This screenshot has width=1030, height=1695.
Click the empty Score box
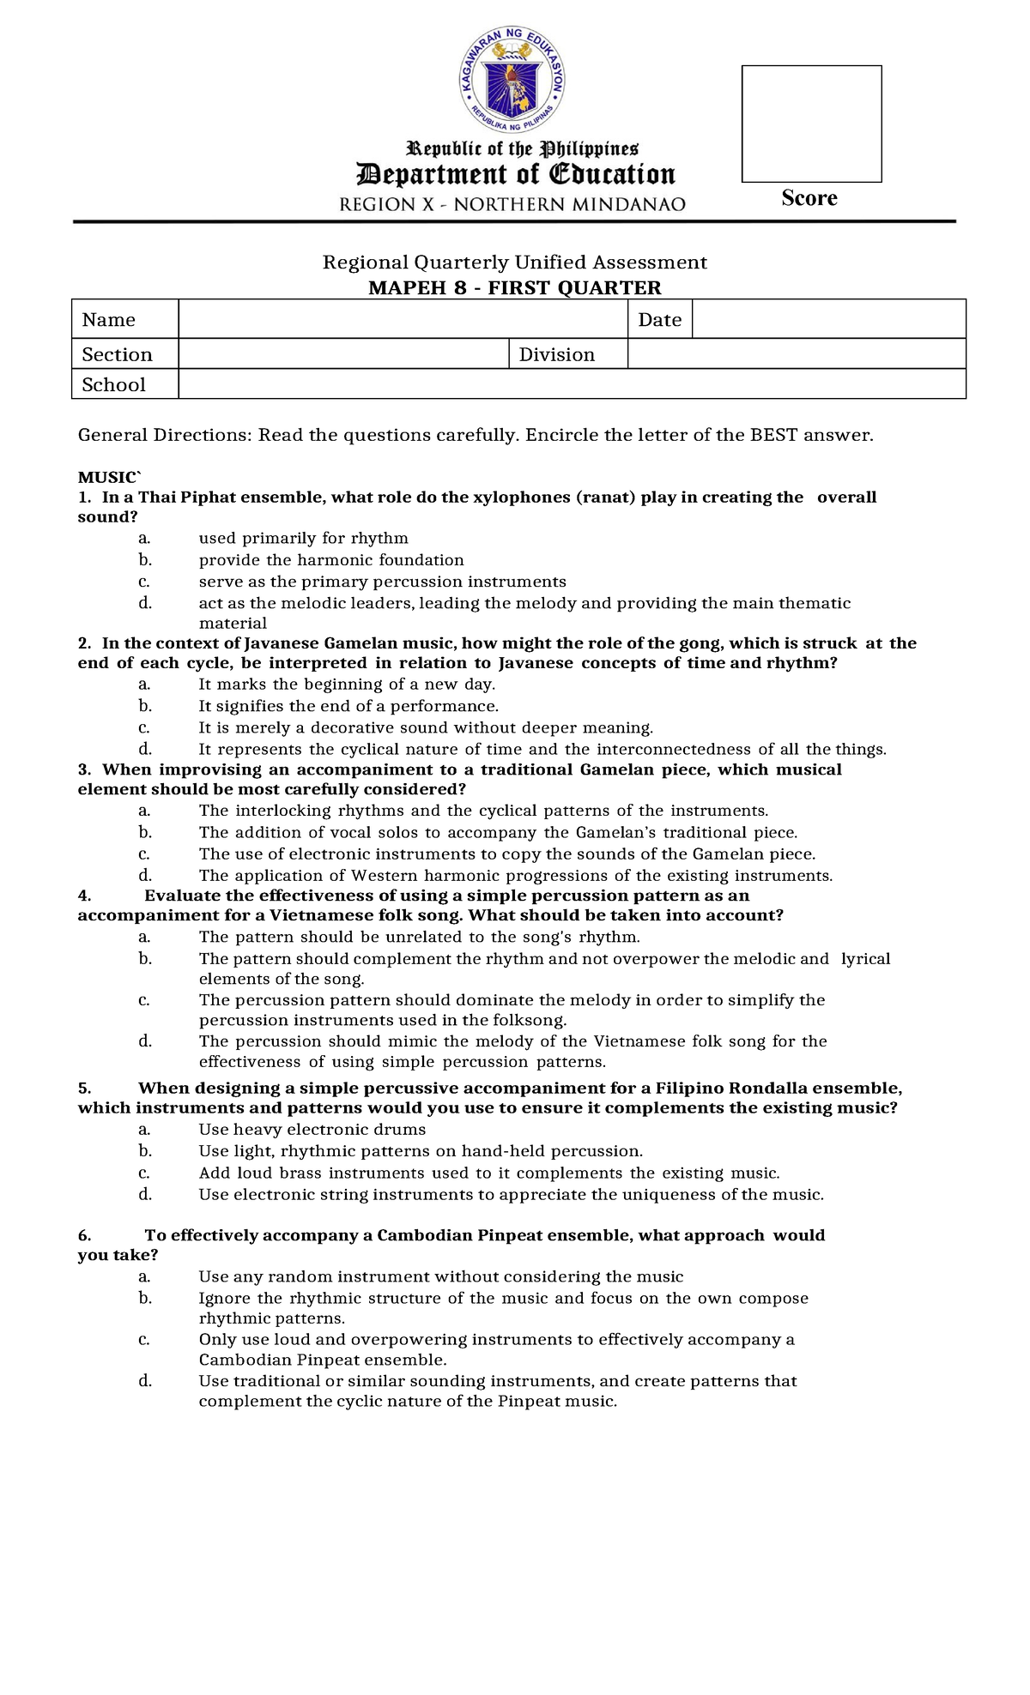[x=811, y=124]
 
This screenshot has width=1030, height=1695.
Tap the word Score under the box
[x=809, y=198]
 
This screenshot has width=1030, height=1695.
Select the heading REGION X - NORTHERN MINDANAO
[x=512, y=204]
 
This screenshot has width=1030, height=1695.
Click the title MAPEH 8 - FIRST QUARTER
[x=514, y=287]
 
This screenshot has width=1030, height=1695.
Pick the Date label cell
[x=659, y=319]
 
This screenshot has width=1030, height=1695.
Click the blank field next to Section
[x=343, y=354]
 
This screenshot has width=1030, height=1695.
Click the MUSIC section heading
[x=107, y=477]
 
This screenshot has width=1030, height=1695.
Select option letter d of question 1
[x=144, y=603]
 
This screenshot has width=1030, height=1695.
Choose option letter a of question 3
[x=144, y=811]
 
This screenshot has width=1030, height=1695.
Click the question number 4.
[x=84, y=896]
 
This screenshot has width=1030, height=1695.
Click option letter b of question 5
[x=144, y=1151]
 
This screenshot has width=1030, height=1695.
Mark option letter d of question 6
[x=144, y=1381]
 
